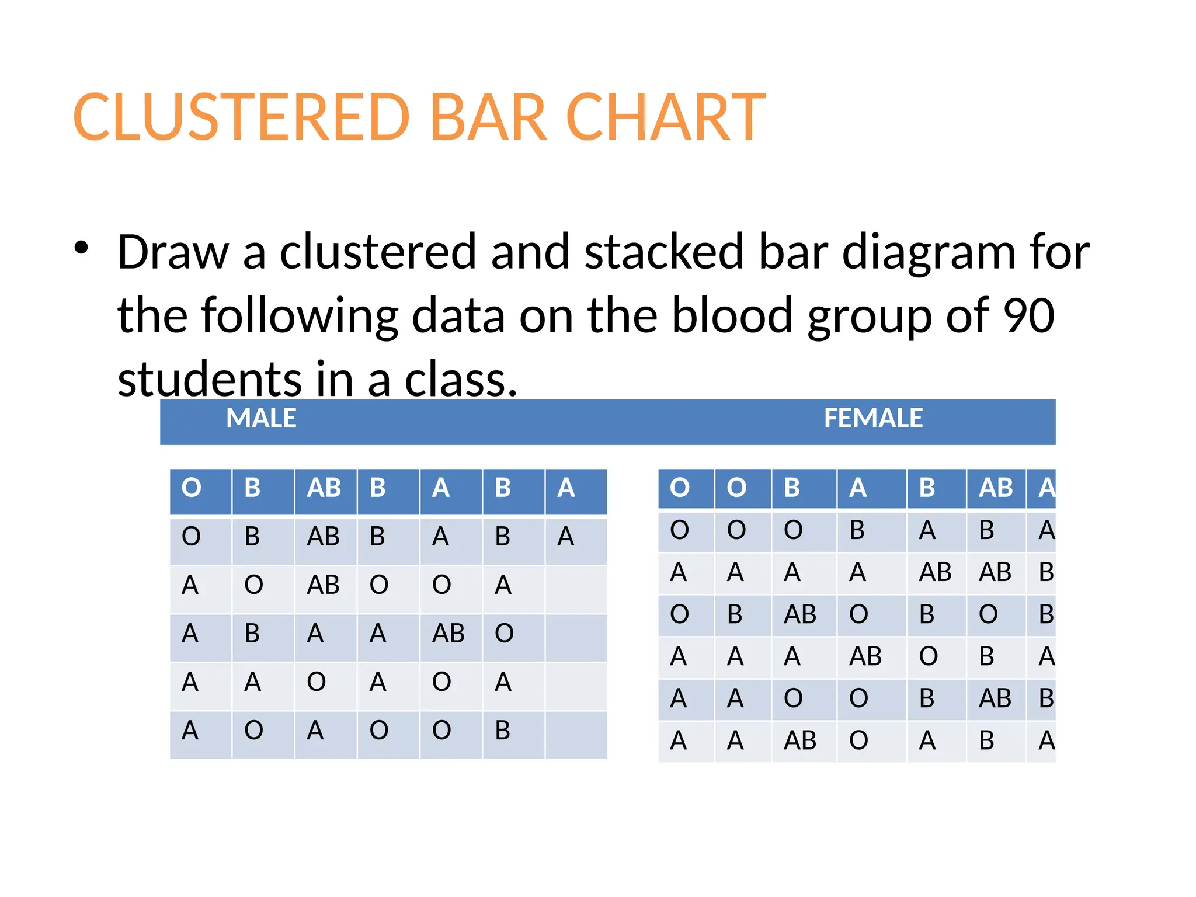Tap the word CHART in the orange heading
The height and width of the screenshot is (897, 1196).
pyautogui.click(x=666, y=117)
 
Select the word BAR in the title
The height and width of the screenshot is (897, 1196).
pyautogui.click(x=488, y=117)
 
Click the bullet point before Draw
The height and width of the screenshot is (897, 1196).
pyautogui.click(x=81, y=248)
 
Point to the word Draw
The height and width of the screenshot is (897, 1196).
pyautogui.click(x=173, y=252)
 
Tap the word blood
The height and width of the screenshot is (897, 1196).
pyautogui.click(x=732, y=315)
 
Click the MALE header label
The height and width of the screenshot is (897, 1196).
pyautogui.click(x=261, y=418)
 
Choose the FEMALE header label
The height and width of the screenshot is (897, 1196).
pyautogui.click(x=873, y=418)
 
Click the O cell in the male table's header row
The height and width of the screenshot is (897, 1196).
pyautogui.click(x=192, y=488)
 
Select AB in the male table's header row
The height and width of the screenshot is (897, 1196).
pyautogui.click(x=324, y=488)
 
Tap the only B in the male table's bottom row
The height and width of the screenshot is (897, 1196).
pyautogui.click(x=502, y=730)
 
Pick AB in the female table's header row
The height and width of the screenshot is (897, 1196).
pyautogui.click(x=996, y=488)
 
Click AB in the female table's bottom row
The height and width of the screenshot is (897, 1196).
pyautogui.click(x=800, y=740)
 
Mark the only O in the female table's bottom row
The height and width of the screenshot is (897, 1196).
pyautogui.click(x=858, y=740)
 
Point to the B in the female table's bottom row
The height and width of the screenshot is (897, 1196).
pyautogui.click(x=986, y=740)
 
